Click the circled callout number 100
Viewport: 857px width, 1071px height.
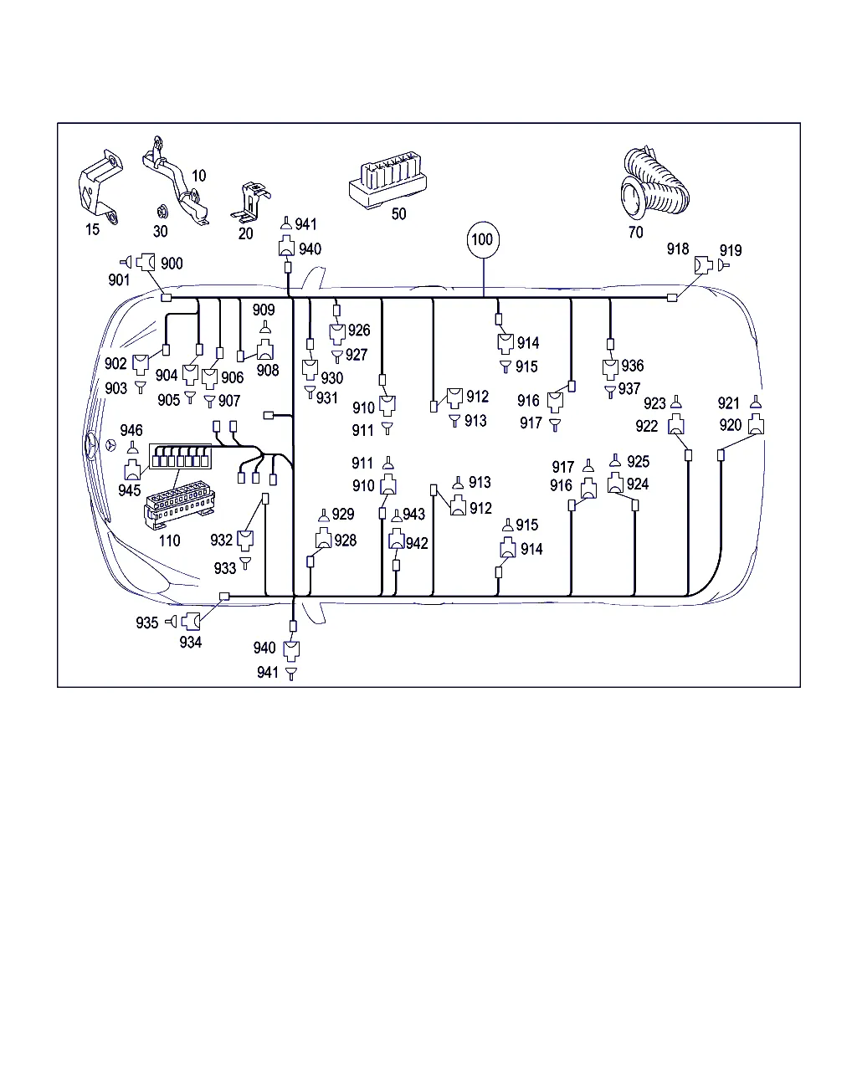point(483,239)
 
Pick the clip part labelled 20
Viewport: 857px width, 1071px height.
point(252,202)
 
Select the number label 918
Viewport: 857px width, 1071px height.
point(678,249)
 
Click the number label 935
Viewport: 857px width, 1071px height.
point(147,623)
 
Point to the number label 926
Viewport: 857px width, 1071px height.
point(359,330)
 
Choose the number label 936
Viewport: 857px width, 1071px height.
point(633,366)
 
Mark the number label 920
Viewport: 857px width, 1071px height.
point(731,425)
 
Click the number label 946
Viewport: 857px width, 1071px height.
point(131,430)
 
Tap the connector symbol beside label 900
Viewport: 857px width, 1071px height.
point(146,263)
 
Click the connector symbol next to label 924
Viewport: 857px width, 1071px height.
point(615,484)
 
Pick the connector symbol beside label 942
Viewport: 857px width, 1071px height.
point(397,541)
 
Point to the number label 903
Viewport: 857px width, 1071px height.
point(116,387)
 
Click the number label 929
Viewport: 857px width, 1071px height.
point(343,515)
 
